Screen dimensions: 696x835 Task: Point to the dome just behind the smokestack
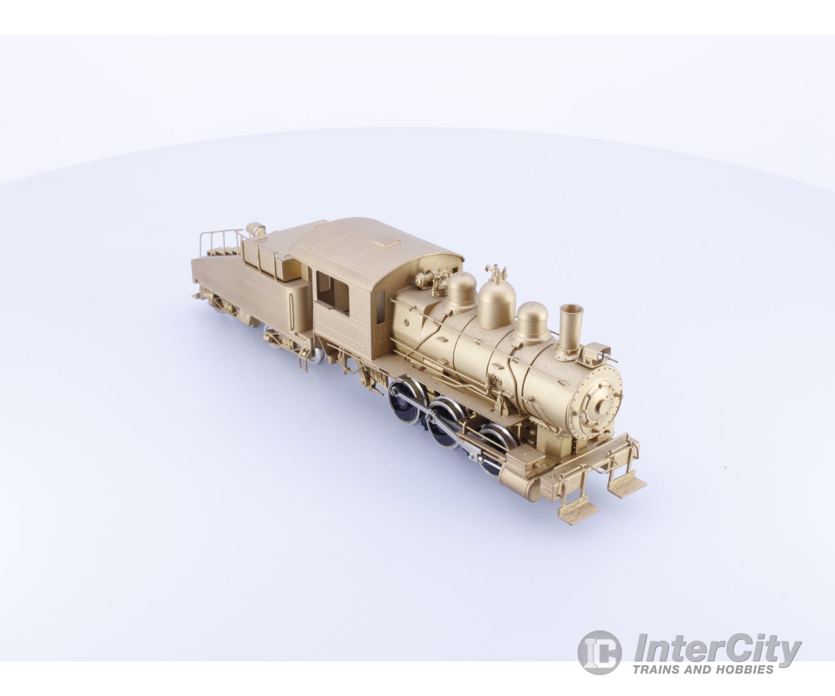pyautogui.click(x=532, y=323)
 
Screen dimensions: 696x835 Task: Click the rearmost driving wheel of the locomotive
pyautogui.click(x=405, y=401)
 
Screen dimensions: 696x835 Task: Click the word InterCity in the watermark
pyautogui.click(x=718, y=650)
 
